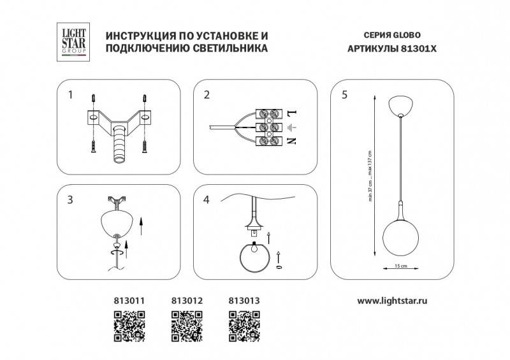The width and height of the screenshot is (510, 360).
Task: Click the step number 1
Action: pos(71,96)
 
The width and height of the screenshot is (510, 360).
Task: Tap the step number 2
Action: pos(207,96)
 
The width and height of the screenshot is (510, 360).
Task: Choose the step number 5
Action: pos(344,96)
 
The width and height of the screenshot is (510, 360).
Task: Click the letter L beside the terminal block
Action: pos(293,113)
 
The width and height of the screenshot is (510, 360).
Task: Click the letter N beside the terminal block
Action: pos(293,140)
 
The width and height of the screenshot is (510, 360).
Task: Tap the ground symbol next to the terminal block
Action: pos(293,127)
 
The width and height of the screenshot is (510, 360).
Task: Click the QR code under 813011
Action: pos(129,324)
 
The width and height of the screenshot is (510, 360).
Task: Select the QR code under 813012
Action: pos(187,324)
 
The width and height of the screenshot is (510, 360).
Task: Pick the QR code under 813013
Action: pos(244,324)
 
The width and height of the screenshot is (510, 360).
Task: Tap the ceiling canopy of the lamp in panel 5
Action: pos(400,104)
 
